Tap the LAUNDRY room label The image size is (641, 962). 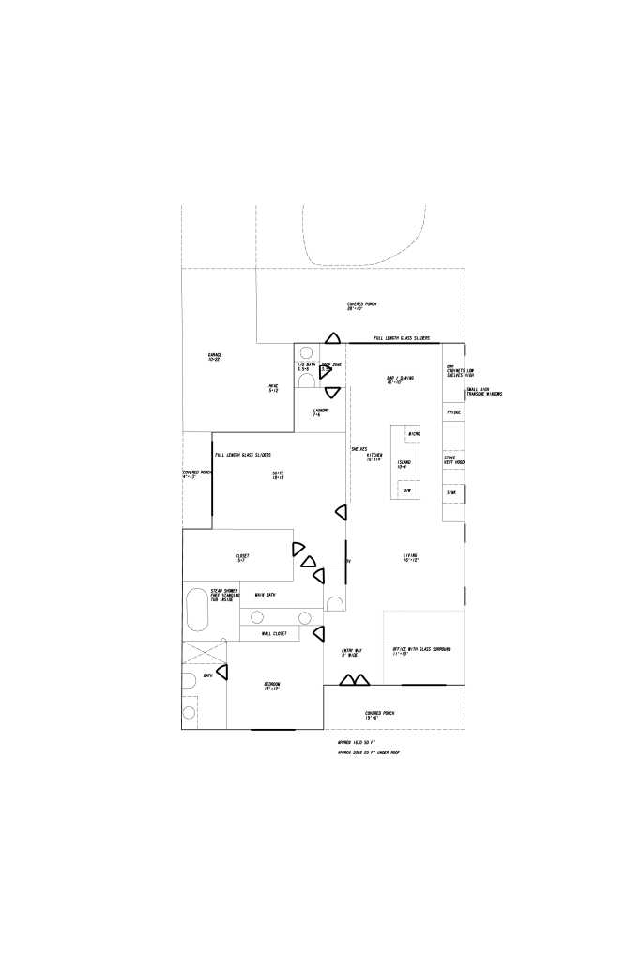coord(321,412)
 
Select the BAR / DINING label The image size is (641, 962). coord(394,380)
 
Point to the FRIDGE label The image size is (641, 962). coord(453,412)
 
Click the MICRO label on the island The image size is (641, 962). coord(413,433)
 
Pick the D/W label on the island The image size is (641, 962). coord(407,490)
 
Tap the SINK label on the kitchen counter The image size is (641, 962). coord(451,492)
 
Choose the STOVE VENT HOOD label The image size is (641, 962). coord(453,460)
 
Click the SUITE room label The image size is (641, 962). coord(279,474)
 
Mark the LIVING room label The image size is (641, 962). coord(410,558)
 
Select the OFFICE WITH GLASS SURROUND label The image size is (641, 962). coord(423,651)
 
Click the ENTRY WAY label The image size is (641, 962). coord(351,652)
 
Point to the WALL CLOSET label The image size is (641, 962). coord(267,634)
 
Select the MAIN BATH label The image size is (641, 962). coord(265,595)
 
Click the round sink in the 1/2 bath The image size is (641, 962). coord(306,370)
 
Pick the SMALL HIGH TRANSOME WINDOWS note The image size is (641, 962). coord(484,391)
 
